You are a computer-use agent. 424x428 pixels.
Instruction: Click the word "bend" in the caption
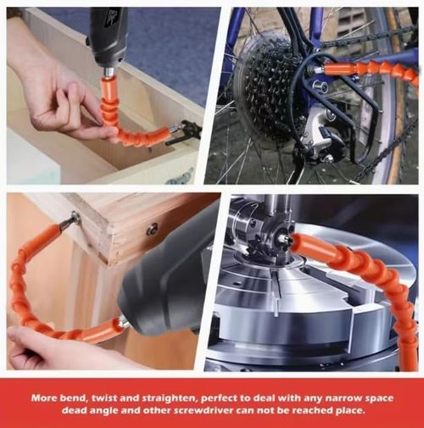click(73, 398)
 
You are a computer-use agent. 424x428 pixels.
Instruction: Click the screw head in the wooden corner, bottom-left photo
click(75, 217)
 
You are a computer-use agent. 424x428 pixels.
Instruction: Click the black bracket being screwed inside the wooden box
click(185, 132)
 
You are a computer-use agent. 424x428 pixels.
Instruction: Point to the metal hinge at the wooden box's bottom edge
click(181, 175)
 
